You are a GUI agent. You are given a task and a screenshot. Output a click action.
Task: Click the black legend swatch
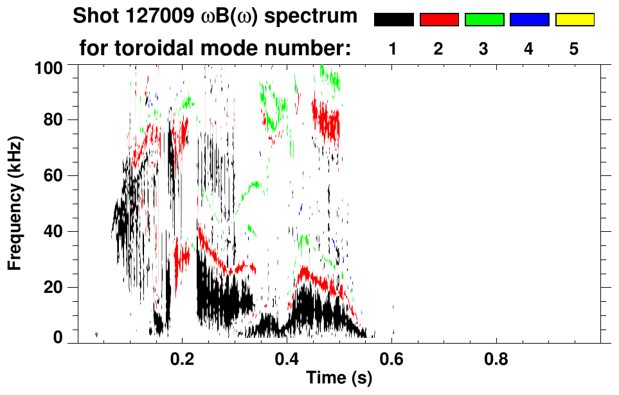[393, 20]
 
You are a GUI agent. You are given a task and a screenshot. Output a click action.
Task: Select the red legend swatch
[439, 20]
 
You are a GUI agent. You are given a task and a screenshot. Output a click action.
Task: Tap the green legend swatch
[484, 20]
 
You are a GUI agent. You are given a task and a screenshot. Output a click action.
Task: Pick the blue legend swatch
[529, 20]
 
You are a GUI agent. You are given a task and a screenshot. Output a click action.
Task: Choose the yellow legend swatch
[575, 20]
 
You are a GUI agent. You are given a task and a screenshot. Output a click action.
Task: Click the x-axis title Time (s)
[339, 379]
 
